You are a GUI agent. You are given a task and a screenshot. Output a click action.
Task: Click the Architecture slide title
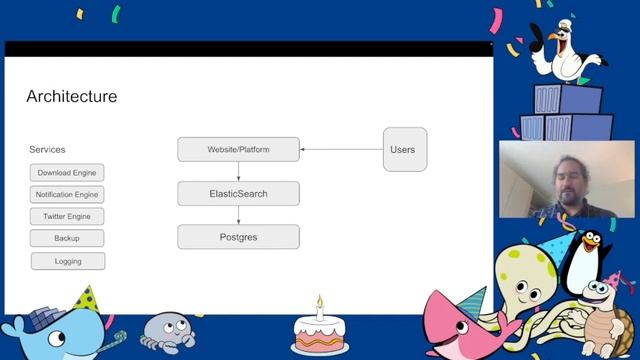pos(71,97)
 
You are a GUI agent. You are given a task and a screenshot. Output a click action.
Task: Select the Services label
pos(47,149)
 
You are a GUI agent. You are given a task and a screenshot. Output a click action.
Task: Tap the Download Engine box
pos(67,172)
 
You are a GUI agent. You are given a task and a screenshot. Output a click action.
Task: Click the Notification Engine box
pos(67,194)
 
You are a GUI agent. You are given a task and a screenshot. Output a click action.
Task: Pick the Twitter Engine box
pos(67,216)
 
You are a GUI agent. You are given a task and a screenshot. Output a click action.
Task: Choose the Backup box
pos(67,238)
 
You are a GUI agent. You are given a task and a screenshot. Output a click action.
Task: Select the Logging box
pos(67,261)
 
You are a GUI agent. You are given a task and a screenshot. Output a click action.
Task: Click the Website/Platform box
pos(238,150)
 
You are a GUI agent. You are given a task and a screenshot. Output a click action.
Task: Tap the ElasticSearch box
pos(238,193)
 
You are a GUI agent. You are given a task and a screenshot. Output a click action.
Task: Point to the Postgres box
pos(238,237)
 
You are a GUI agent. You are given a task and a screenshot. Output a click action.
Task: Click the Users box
pos(404,150)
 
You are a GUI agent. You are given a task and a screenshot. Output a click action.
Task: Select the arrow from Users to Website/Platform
pos(341,150)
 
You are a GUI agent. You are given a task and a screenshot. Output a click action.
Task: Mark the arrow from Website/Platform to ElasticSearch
pos(238,171)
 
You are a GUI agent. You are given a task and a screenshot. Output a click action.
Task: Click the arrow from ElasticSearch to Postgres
pos(238,215)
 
